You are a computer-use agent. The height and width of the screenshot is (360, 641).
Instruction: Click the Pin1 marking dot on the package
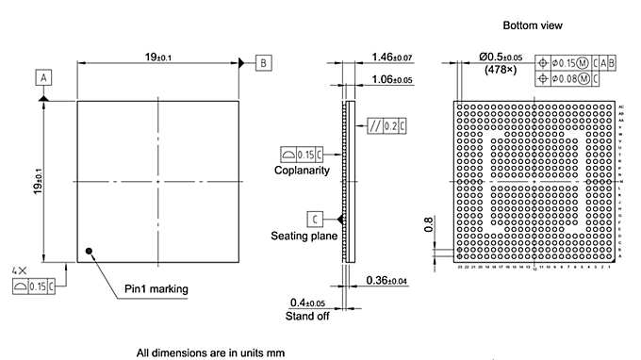pos(89,251)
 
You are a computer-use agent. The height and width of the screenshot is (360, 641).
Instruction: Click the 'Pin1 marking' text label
pos(156,288)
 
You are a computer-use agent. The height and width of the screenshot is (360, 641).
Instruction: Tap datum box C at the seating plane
pos(313,219)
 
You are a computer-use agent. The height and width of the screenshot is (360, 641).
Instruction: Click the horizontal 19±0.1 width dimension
pos(158,57)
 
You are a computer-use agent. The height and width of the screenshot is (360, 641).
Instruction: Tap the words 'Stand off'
pos(306,316)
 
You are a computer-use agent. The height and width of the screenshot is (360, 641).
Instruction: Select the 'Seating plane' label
pos(303,236)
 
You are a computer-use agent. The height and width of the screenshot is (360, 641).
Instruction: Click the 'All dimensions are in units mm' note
pos(210,352)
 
